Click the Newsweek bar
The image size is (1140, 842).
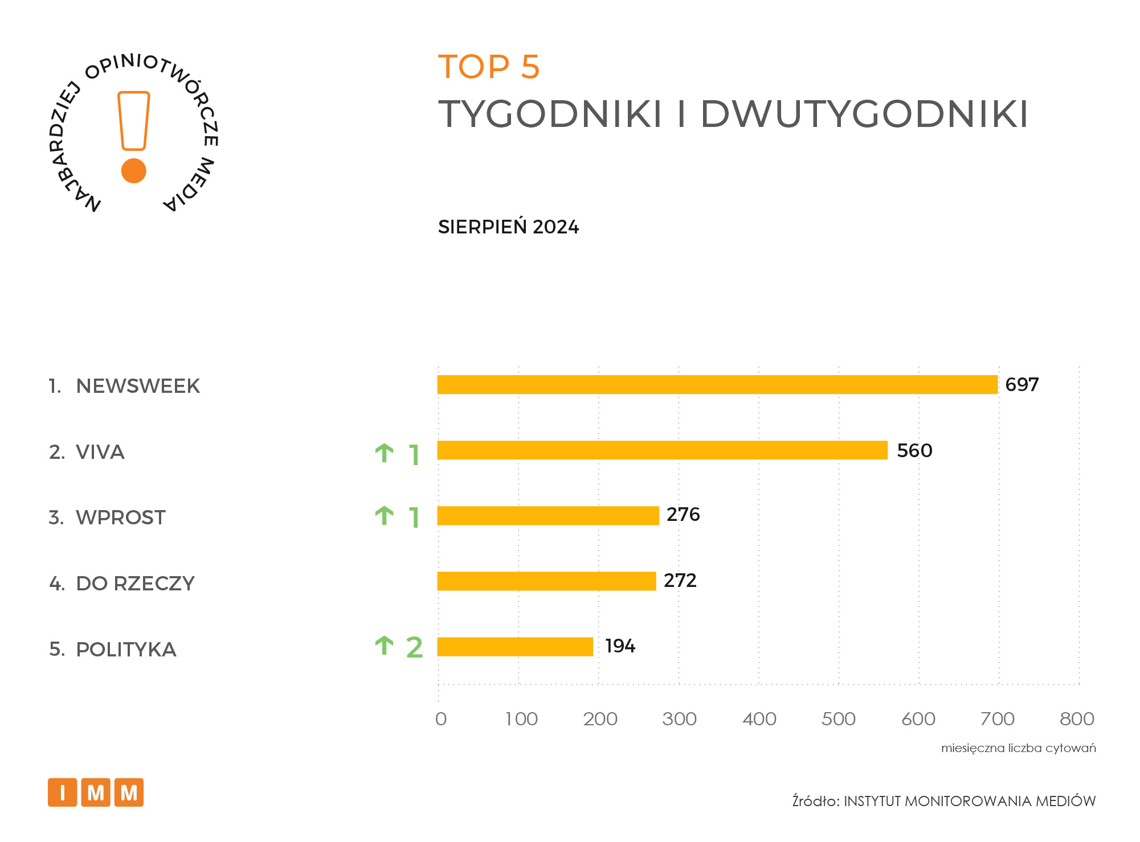pyautogui.click(x=717, y=385)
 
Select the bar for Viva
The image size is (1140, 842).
pyautogui.click(x=662, y=450)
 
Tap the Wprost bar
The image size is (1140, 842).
pyautogui.click(x=548, y=516)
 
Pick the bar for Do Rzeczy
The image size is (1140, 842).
pyautogui.click(x=546, y=581)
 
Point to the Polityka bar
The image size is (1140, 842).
pyautogui.click(x=515, y=647)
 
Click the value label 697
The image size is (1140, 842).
pyautogui.click(x=1022, y=385)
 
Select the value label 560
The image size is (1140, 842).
pyautogui.click(x=914, y=451)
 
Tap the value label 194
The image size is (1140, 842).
pyautogui.click(x=620, y=646)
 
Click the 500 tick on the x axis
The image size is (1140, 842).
pyautogui.click(x=838, y=719)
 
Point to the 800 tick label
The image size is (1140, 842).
pyautogui.click(x=1077, y=719)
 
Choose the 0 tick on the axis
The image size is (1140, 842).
pyautogui.click(x=441, y=719)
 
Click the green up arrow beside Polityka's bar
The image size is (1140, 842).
pyautogui.click(x=385, y=646)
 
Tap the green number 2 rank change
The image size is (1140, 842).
pyautogui.click(x=414, y=648)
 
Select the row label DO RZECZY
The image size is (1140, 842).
pyautogui.click(x=135, y=584)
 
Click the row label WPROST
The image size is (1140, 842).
pyautogui.click(x=120, y=517)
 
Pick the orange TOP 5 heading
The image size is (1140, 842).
pyautogui.click(x=489, y=67)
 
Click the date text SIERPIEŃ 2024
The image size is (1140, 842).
pyautogui.click(x=508, y=227)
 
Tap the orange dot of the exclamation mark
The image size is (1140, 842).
pyautogui.click(x=134, y=171)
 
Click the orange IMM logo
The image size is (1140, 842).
pyautogui.click(x=96, y=792)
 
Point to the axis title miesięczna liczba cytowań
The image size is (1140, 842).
pyautogui.click(x=1018, y=748)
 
